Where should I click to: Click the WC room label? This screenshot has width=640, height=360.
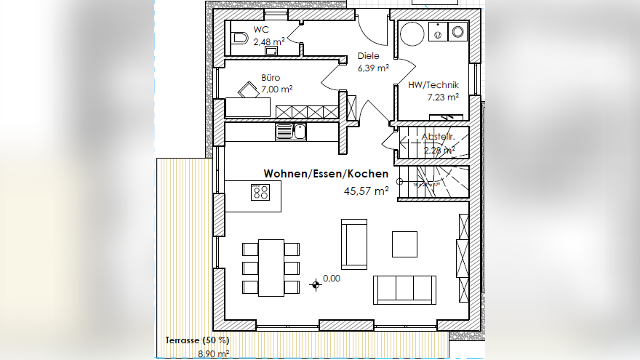coord(260,30)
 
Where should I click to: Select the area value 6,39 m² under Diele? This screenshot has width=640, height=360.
coord(372,68)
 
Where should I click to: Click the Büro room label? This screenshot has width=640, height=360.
coord(271,77)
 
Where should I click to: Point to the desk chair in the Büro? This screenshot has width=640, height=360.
coord(249,89)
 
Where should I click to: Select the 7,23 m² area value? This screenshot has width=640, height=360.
coord(442,97)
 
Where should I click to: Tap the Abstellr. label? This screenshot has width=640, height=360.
coord(438,137)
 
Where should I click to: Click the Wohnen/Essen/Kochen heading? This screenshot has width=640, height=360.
coord(325,174)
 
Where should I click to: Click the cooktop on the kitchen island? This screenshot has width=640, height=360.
coord(260,192)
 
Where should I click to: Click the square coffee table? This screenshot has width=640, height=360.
coord(404,244)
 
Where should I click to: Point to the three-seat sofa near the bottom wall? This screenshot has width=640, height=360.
coord(404,289)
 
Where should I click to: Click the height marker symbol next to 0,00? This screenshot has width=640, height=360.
coord(316,284)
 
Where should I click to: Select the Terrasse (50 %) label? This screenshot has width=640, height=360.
coord(197,340)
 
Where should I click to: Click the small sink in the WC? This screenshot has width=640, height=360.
coord(271,52)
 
